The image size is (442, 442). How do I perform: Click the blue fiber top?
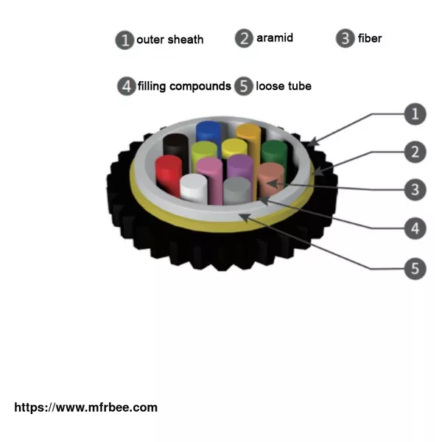click(x=208, y=127)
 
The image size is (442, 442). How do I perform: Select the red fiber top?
click(x=169, y=161)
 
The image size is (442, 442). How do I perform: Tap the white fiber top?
click(x=193, y=180)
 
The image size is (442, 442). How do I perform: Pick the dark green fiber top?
click(x=274, y=146)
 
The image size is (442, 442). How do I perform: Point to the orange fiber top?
click(x=248, y=130)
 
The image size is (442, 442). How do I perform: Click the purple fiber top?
click(x=240, y=161)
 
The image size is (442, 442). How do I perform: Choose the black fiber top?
click(x=176, y=140)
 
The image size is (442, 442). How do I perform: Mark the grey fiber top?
click(x=236, y=183)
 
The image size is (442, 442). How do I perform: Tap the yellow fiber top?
click(x=234, y=144)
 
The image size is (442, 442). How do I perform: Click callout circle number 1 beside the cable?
click(x=415, y=114)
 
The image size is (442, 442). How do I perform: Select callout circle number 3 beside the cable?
click(x=415, y=190)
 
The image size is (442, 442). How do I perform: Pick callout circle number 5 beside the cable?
click(x=415, y=269)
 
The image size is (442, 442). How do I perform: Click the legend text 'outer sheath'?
click(x=170, y=40)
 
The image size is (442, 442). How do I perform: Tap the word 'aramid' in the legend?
click(x=275, y=38)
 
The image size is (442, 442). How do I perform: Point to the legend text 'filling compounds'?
click(x=184, y=86)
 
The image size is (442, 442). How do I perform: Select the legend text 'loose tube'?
click(x=284, y=86)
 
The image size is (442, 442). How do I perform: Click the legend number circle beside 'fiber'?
click(x=345, y=38)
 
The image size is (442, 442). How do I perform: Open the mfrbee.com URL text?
click(x=85, y=407)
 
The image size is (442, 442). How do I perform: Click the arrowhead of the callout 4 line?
click(x=263, y=200)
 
